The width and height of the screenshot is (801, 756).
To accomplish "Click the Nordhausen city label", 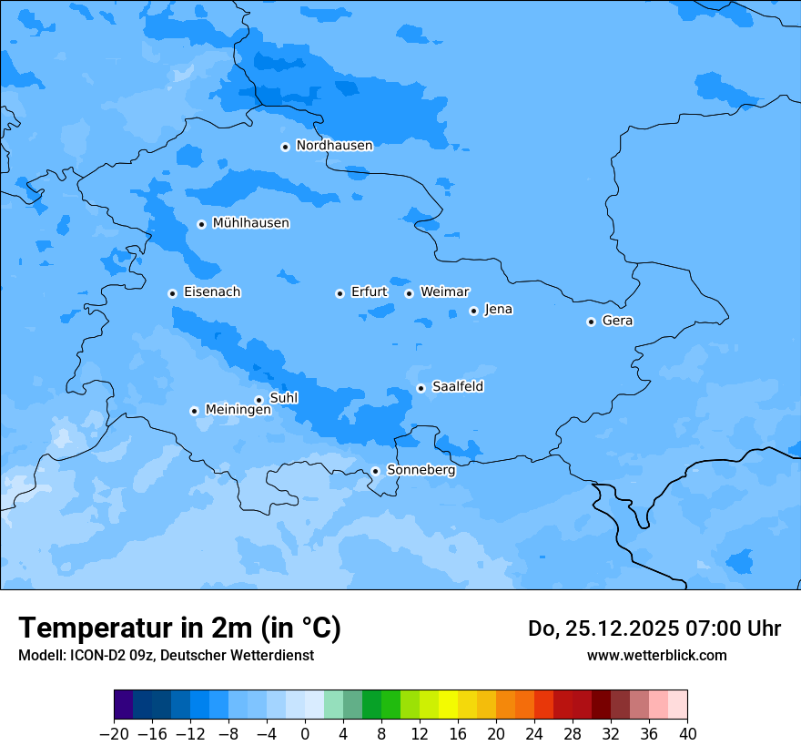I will tap(334, 146).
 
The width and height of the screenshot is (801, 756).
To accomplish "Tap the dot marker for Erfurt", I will tap(340, 293).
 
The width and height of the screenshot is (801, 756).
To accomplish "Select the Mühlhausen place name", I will tap(250, 223).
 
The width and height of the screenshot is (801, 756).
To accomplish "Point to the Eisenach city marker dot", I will tap(172, 293).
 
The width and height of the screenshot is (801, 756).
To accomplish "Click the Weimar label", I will tap(444, 292).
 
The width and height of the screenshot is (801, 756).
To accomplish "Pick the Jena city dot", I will tap(473, 311).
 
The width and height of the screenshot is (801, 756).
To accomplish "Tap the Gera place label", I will tap(617, 321).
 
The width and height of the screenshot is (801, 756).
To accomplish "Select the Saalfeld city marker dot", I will tap(421, 388).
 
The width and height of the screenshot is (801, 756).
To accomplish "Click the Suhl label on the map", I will tap(283, 398).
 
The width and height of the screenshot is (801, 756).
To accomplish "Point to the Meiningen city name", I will tap(238, 410).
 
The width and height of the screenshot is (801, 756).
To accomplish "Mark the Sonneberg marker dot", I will tap(375, 471).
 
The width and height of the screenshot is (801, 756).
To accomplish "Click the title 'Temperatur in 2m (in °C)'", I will tap(180, 628).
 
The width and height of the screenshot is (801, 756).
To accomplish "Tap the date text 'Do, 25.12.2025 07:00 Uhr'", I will tap(654, 628).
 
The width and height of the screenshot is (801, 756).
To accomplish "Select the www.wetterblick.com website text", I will tap(656, 655).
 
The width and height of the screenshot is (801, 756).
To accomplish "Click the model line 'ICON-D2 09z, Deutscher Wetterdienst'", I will tap(191, 655).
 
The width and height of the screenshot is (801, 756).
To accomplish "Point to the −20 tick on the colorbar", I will tap(114, 734).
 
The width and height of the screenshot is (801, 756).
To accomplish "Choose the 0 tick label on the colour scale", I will tap(305, 734).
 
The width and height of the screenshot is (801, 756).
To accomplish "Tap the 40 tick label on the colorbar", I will tap(687, 734).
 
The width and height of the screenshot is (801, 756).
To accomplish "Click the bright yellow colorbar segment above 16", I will tap(448, 705).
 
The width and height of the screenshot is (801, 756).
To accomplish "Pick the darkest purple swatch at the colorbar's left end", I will tap(123, 705).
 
